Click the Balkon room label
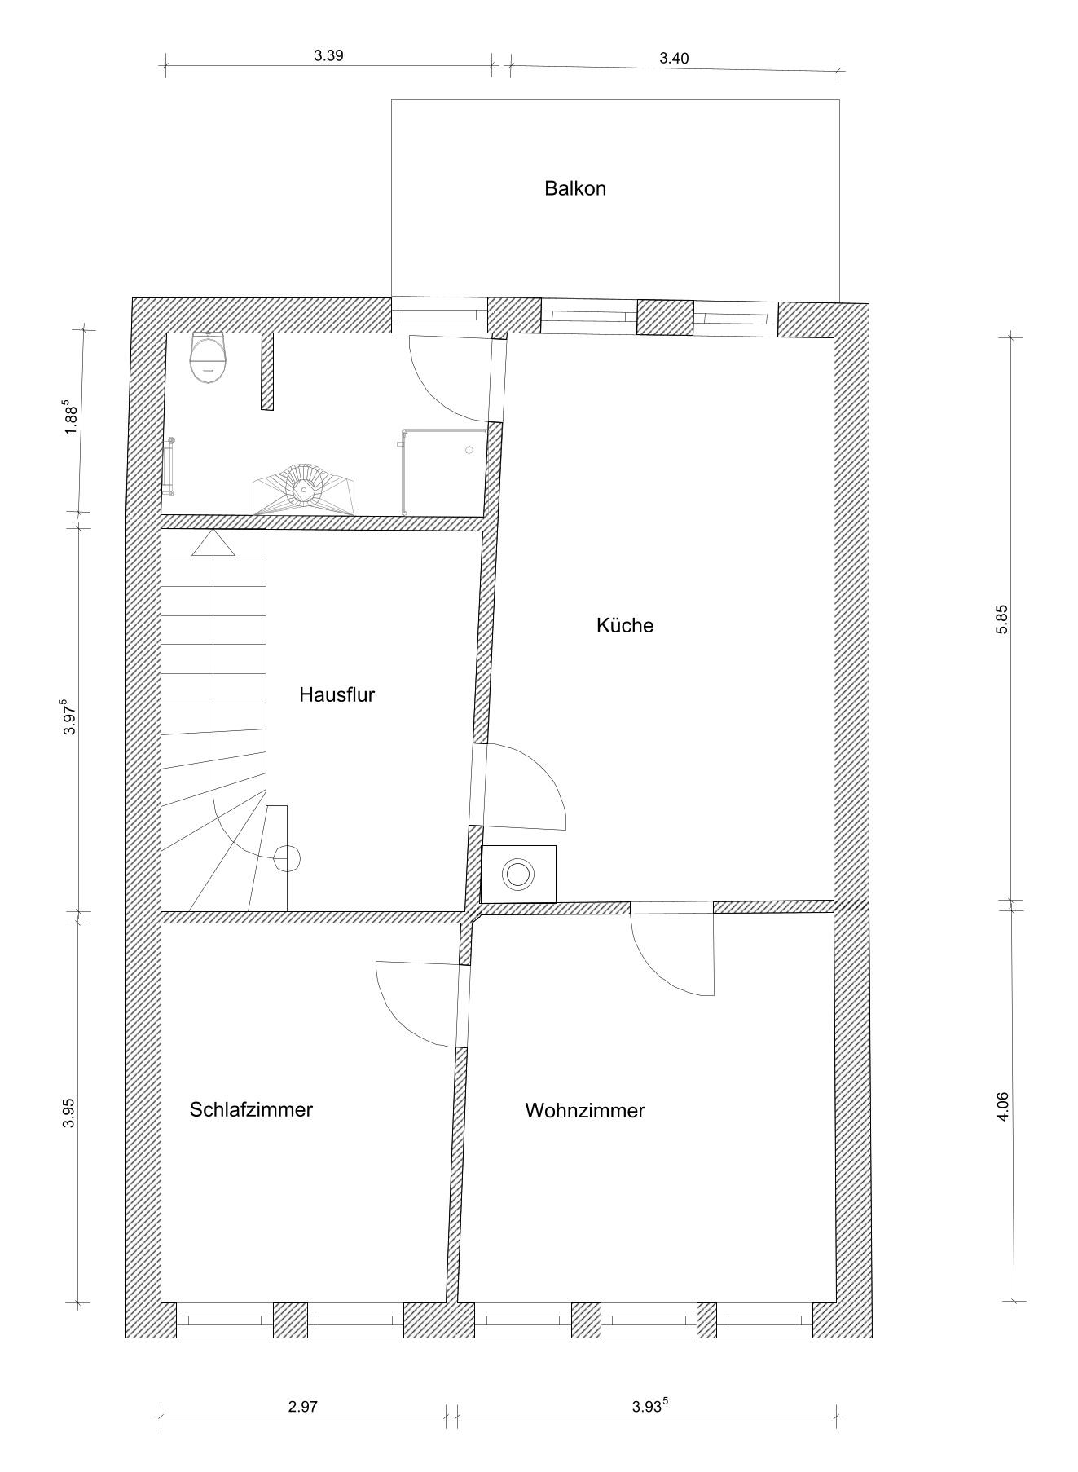pyautogui.click(x=575, y=189)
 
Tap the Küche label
pyautogui.click(x=625, y=625)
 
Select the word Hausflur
pyautogui.click(x=337, y=694)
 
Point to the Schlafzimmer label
pyautogui.click(x=251, y=1109)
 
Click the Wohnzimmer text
pyautogui.click(x=585, y=1110)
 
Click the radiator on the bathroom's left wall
pyautogui.click(x=169, y=466)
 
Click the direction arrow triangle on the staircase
pyautogui.click(x=213, y=543)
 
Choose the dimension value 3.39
pyautogui.click(x=328, y=56)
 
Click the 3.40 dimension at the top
pyautogui.click(x=674, y=58)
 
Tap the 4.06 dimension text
pyautogui.click(x=1003, y=1107)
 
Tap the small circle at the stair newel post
pyautogui.click(x=286, y=858)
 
